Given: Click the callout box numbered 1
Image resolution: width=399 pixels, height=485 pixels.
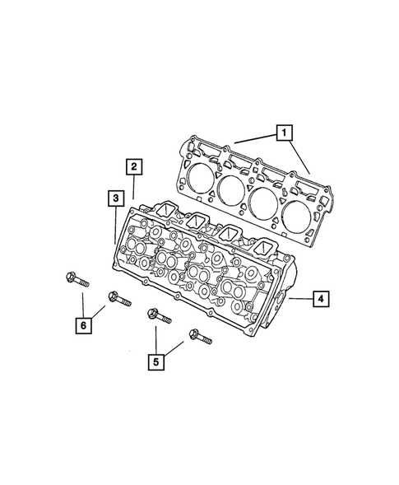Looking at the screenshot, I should [282, 132].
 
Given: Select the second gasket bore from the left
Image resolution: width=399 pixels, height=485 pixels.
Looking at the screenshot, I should [232, 189].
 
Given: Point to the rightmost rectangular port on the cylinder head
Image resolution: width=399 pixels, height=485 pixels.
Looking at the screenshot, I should [265, 248].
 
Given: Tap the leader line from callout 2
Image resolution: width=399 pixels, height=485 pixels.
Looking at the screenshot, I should [132, 189].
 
